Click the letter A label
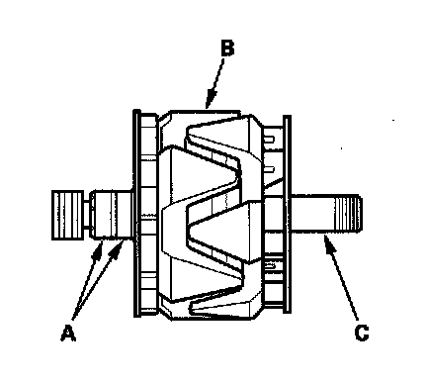pyautogui.click(x=68, y=333)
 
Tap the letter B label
pyautogui.click(x=227, y=48)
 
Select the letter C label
pyautogui.click(x=362, y=333)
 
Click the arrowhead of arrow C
pyautogui.click(x=329, y=244)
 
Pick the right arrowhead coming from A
pyautogui.click(x=117, y=249)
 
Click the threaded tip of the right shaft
pyautogui.click(x=349, y=214)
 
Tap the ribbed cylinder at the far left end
pyautogui.click(x=67, y=215)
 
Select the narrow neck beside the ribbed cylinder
pyautogui.click(x=87, y=215)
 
